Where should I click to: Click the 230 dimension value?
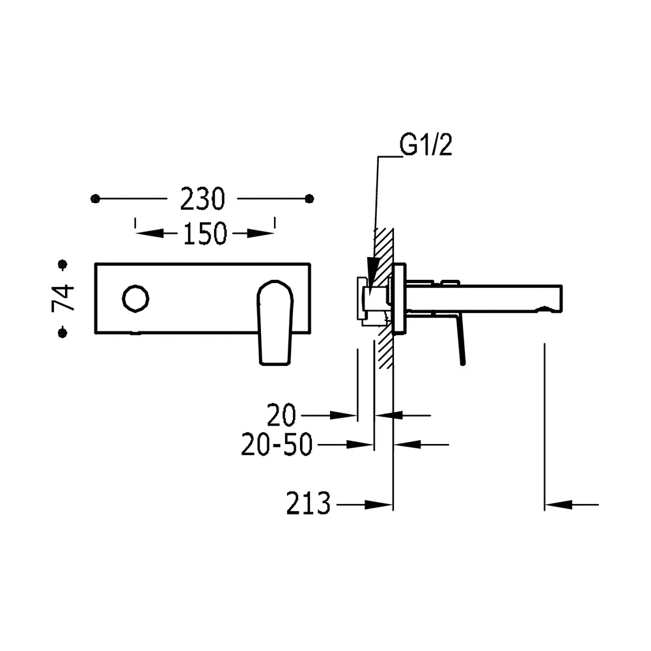[202, 199]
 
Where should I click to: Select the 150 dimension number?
[205, 233]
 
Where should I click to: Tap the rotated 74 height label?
[63, 298]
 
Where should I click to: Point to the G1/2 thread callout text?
[426, 145]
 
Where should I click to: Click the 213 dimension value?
[308, 504]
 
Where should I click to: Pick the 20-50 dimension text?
[277, 445]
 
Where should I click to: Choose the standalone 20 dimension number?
[281, 415]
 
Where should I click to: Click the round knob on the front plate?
[136, 298]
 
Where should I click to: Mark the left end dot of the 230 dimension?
[95, 199]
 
